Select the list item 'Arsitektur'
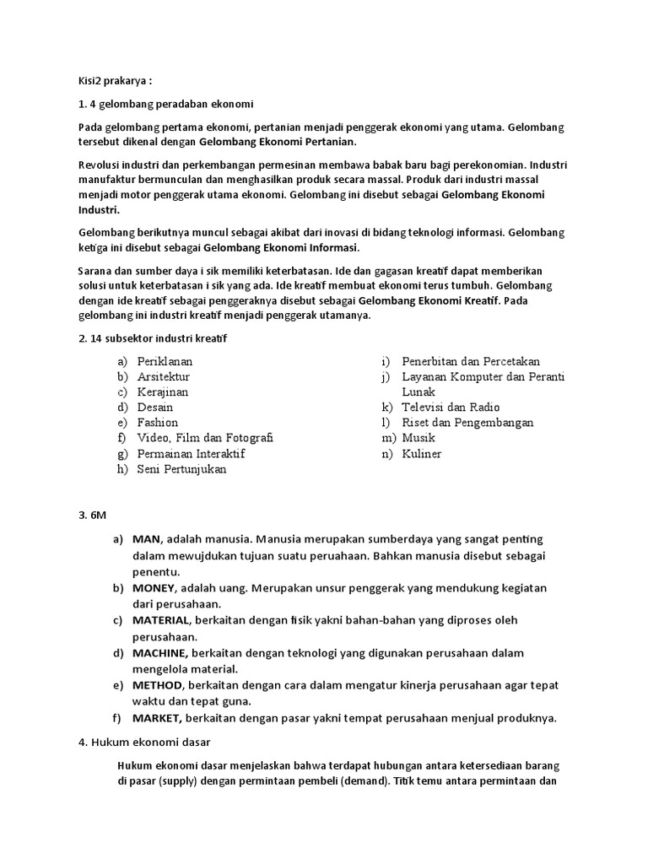[x=164, y=376]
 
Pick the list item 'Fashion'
[x=158, y=422]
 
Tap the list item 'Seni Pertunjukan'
[x=182, y=469]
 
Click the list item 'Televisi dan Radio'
[x=451, y=407]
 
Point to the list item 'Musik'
[x=418, y=438]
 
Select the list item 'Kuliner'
[x=421, y=454]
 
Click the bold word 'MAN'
[x=148, y=539]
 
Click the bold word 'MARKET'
[x=158, y=718]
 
